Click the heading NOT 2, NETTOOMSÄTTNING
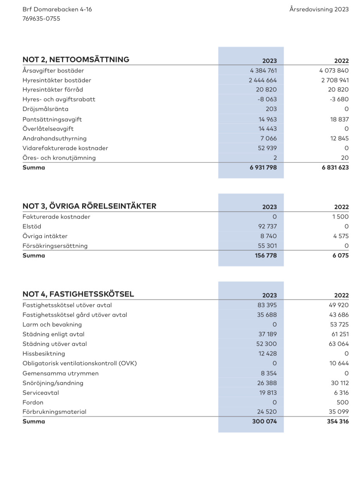[76, 59]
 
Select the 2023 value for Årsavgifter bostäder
[264, 71]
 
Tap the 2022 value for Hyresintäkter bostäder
[335, 80]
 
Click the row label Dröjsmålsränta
[45, 109]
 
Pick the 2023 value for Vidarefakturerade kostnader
[267, 148]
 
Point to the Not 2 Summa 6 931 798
[264, 167]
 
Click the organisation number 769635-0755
[41, 19]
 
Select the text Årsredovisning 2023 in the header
[319, 9]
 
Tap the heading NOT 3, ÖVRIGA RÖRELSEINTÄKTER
[90, 206]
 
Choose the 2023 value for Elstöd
[267, 226]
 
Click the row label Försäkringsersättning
[55, 246]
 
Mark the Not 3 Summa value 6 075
[340, 255]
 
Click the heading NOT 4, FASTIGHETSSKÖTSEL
[78, 294]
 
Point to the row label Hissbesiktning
[44, 354]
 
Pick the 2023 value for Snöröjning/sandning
[267, 383]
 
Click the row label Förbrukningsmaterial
[54, 412]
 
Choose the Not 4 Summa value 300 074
[264, 421]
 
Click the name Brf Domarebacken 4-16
[57, 9]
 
